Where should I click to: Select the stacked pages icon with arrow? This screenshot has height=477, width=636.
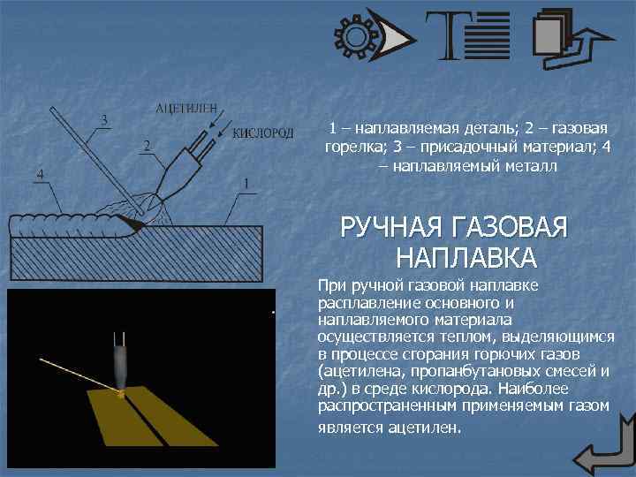[572, 39]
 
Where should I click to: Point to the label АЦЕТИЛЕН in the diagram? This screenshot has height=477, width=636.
[186, 109]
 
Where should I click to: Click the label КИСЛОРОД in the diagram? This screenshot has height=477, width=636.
[263, 133]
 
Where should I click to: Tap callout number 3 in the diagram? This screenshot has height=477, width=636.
[104, 120]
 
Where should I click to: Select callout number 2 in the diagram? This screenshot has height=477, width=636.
[147, 146]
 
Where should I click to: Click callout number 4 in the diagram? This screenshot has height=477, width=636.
[40, 175]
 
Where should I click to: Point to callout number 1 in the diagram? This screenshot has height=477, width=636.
[246, 185]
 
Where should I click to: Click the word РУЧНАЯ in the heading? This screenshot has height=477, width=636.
[390, 227]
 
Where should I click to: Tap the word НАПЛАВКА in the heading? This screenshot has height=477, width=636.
[466, 257]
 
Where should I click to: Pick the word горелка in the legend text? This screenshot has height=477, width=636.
[353, 148]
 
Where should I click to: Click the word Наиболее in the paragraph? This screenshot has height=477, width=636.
[533, 389]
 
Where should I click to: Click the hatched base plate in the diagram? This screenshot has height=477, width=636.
[137, 254]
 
